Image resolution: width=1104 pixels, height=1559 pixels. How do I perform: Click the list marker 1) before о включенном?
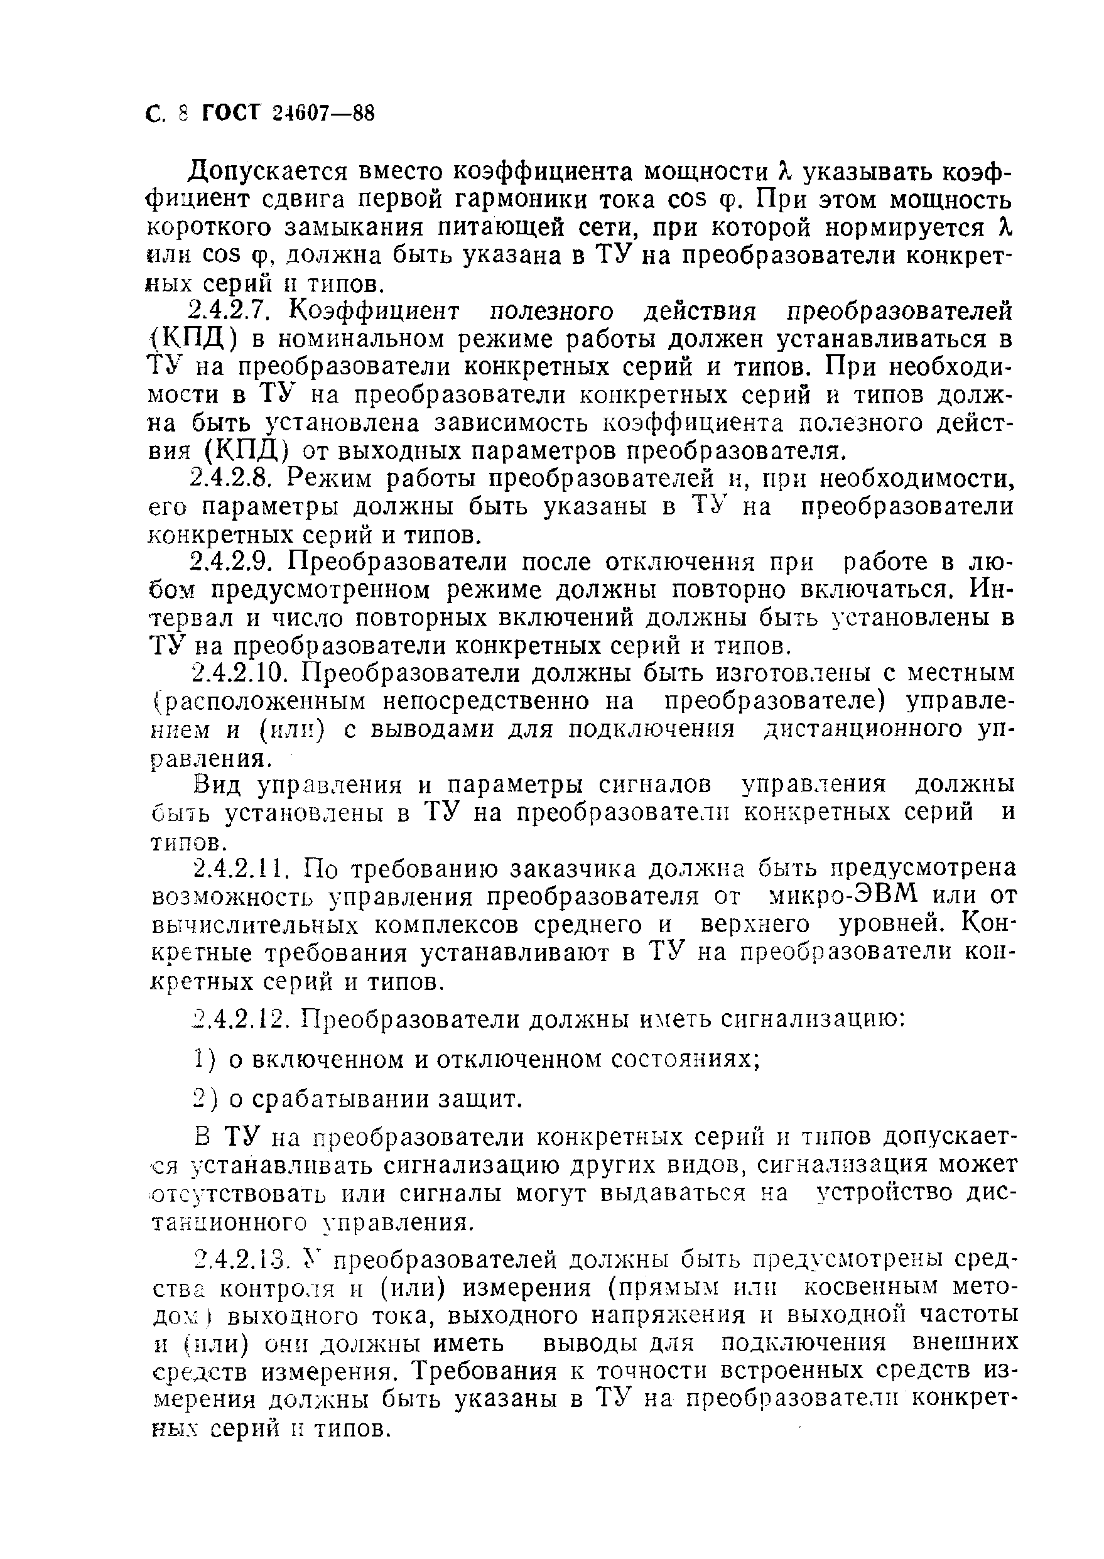point(203,1059)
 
